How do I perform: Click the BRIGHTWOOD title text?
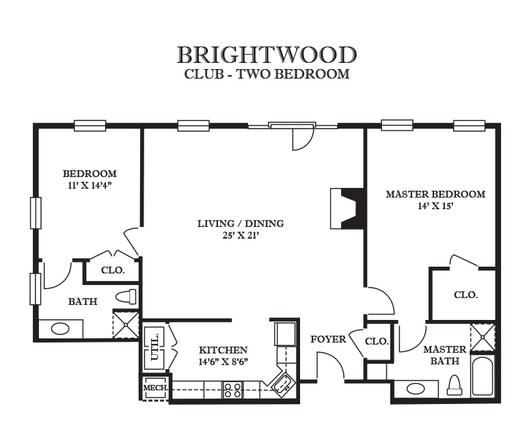coord(267,55)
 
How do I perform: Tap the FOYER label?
coord(328,339)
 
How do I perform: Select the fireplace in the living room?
coord(347,209)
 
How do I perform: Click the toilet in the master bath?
coord(455,385)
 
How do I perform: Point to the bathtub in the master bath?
coord(483,376)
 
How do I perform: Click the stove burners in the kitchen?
coord(232,390)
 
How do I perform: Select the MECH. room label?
coord(156,388)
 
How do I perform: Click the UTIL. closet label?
coord(154,347)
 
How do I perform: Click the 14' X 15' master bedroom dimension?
coord(435,206)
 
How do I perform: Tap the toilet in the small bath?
coord(126,297)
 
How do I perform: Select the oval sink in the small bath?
coord(60,329)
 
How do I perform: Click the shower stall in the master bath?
coord(483,337)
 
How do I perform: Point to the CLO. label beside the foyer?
coord(377,342)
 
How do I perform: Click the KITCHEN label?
coord(223,350)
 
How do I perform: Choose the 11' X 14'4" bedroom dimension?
coord(90,185)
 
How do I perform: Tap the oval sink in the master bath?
coord(416,389)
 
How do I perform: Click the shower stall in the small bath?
coord(126,325)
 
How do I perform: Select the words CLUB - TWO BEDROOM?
coord(267,74)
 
